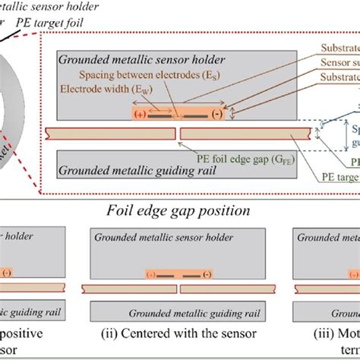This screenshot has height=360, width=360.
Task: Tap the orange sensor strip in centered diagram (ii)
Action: (x=178, y=273)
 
